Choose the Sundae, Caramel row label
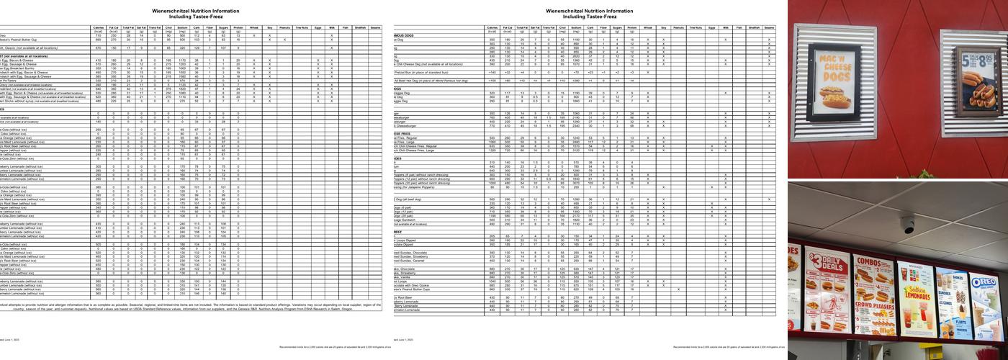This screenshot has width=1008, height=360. (411, 261)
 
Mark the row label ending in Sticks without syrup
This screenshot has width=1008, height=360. (29, 101)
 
